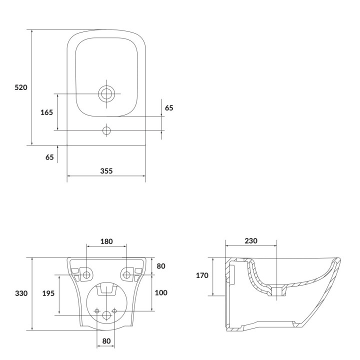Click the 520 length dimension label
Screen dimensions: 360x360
pos(21,87)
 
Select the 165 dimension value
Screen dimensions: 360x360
pos(46,112)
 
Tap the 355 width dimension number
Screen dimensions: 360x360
pos(106,171)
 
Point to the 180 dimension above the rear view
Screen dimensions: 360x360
pos(106,241)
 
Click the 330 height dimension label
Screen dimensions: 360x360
pos(21,293)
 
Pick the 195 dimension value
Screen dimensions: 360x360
pos(48,293)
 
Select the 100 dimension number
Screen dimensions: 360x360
pos(161,292)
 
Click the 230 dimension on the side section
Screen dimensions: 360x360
pos(251,241)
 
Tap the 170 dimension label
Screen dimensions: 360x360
pos(202,275)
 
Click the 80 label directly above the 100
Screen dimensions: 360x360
pos(161,266)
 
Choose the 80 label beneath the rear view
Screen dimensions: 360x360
pos(106,341)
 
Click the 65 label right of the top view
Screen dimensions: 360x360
pos(169,108)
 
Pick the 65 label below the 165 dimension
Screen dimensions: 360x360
pos(49,157)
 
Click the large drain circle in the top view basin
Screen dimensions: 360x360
pos(106,93)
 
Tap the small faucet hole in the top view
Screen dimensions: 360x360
pos(106,130)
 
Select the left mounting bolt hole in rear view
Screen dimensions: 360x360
pos(86,274)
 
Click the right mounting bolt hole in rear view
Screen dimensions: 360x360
pos(126,274)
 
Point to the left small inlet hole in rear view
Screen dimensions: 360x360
pos(97,311)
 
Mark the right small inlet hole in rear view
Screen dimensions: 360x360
pos(114,311)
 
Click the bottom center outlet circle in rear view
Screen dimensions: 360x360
pos(106,315)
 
